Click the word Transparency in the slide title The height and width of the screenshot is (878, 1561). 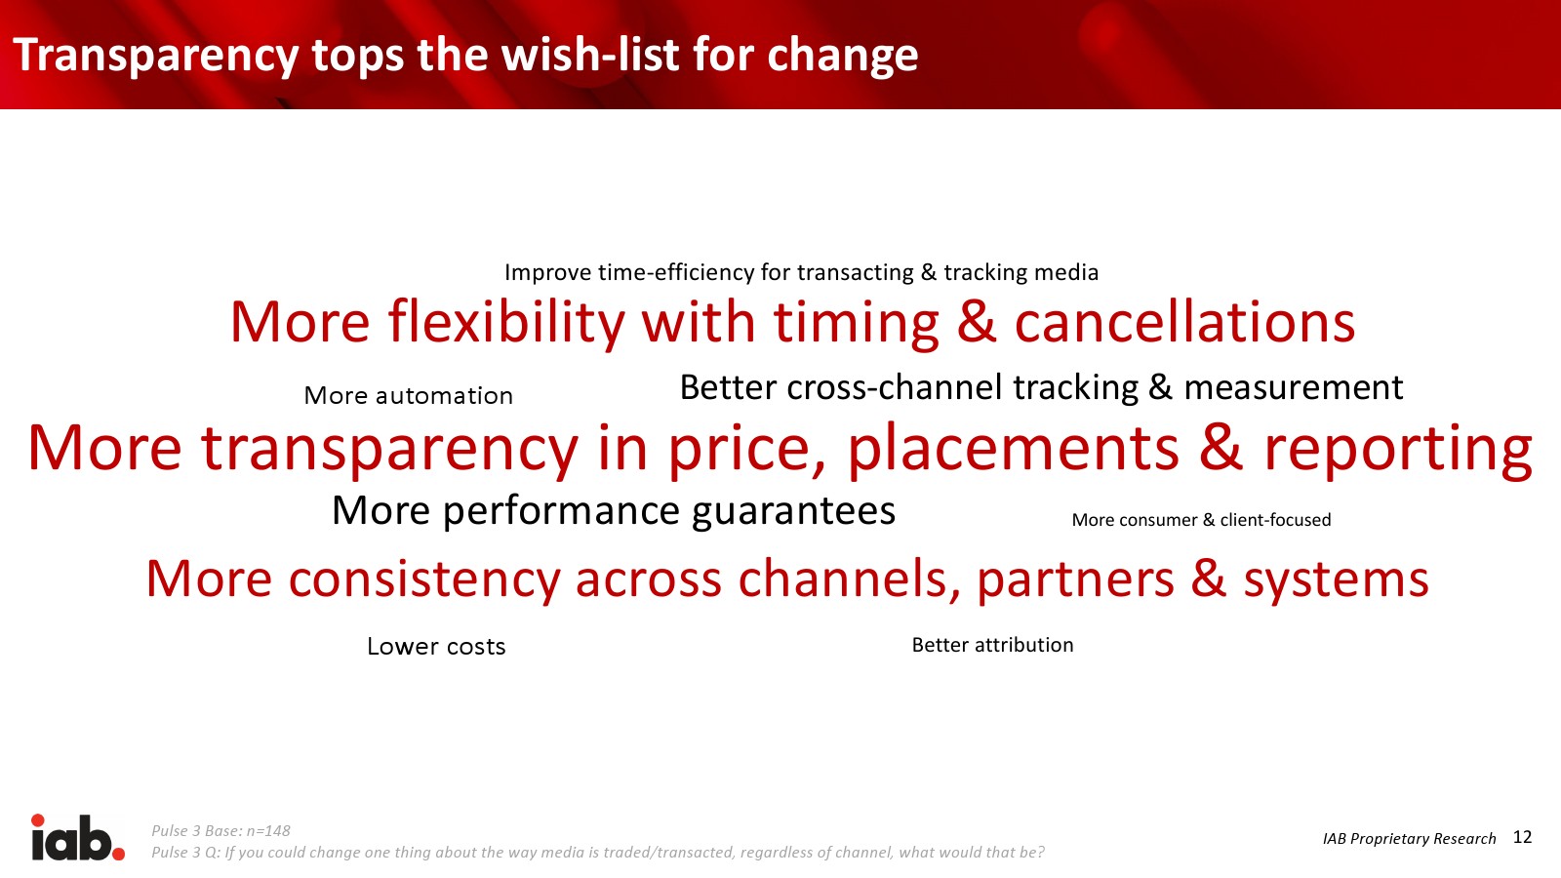155,56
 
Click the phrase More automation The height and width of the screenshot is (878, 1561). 409,396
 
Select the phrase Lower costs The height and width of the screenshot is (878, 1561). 436,647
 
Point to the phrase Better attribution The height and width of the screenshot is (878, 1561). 992,645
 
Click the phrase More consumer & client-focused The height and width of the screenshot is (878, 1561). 1201,520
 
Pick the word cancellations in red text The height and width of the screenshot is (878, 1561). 1184,322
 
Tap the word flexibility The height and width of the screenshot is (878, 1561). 506,323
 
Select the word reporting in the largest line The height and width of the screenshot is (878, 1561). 1398,450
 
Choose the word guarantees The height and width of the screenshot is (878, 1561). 794,512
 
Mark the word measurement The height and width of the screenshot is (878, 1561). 1294,388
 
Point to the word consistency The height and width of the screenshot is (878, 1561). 424,579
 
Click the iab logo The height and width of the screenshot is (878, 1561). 78,837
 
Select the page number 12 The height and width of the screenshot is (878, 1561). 1523,837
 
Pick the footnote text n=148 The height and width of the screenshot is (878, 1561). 268,830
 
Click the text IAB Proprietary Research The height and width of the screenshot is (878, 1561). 1409,838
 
